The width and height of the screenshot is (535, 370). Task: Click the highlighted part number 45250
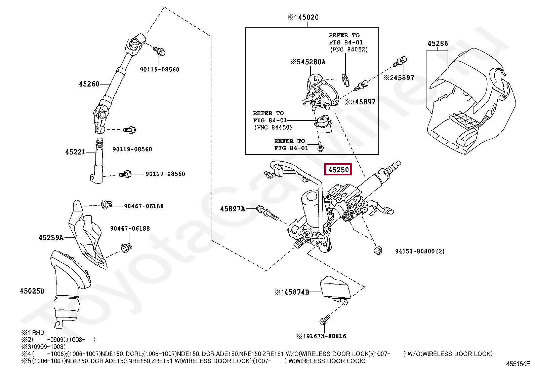338,170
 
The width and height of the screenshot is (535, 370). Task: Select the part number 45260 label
89,84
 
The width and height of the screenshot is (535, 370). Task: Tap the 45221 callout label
76,152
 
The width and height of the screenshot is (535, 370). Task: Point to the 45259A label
51,238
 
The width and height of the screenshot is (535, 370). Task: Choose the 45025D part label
32,291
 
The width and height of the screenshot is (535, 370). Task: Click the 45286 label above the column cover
438,44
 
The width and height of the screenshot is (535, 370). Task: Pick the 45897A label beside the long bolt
233,209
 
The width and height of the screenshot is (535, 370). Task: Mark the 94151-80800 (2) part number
420,251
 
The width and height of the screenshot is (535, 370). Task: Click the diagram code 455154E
518,364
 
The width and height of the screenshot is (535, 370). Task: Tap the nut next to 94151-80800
378,251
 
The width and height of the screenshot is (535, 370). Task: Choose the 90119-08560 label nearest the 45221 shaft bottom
165,174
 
